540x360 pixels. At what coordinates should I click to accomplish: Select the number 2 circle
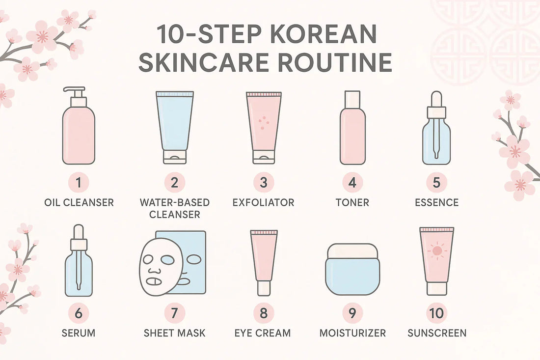[174, 183]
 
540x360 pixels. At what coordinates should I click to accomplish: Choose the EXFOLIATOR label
[264, 202]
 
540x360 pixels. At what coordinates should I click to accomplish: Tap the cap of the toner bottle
[352, 98]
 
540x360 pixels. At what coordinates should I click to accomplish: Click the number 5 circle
[436, 183]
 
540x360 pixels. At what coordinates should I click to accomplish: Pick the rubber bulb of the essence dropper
[436, 97]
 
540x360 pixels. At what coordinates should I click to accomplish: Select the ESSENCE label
[436, 202]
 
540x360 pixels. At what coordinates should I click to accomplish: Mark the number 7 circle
[175, 313]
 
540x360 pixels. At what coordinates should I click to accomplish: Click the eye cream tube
[264, 260]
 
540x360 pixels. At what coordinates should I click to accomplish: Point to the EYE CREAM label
[263, 332]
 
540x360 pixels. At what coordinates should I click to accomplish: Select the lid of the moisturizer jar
[352, 251]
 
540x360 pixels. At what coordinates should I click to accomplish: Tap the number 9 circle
[352, 313]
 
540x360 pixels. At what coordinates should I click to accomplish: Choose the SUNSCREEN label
[437, 332]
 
